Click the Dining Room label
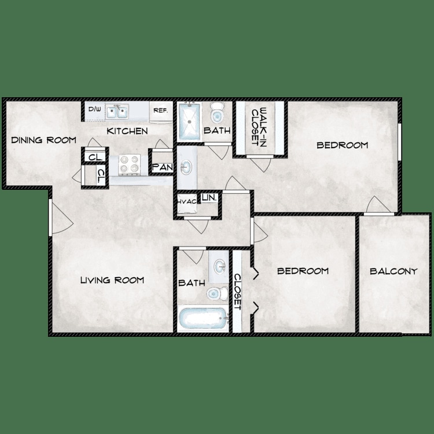point(44,140)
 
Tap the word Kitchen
point(127,131)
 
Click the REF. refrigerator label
point(160,110)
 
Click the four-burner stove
point(129,164)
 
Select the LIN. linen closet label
point(209,198)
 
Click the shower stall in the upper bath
point(189,121)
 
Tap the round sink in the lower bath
point(220,267)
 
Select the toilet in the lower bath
point(215,293)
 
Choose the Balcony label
point(393,271)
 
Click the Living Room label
point(112,281)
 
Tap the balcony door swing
point(376,205)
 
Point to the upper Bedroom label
point(342,145)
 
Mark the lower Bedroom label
point(303,271)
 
